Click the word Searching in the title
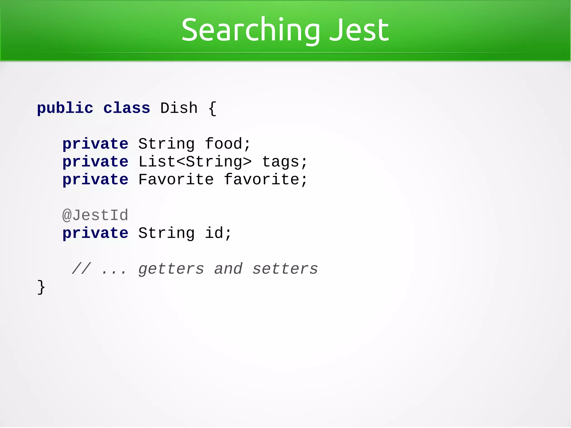[250, 30]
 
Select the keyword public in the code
[65, 108]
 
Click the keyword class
[127, 108]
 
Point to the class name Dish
[179, 108]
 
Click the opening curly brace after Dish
[212, 108]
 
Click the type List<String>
[195, 162]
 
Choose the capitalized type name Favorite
[176, 179]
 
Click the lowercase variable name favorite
[265, 179]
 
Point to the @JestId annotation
[95, 215]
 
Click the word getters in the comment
[171, 269]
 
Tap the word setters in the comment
[285, 269]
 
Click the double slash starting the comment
[81, 269]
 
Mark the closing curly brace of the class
[41, 287]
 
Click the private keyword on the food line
[95, 144]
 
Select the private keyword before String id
[95, 233]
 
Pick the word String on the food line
[166, 144]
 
